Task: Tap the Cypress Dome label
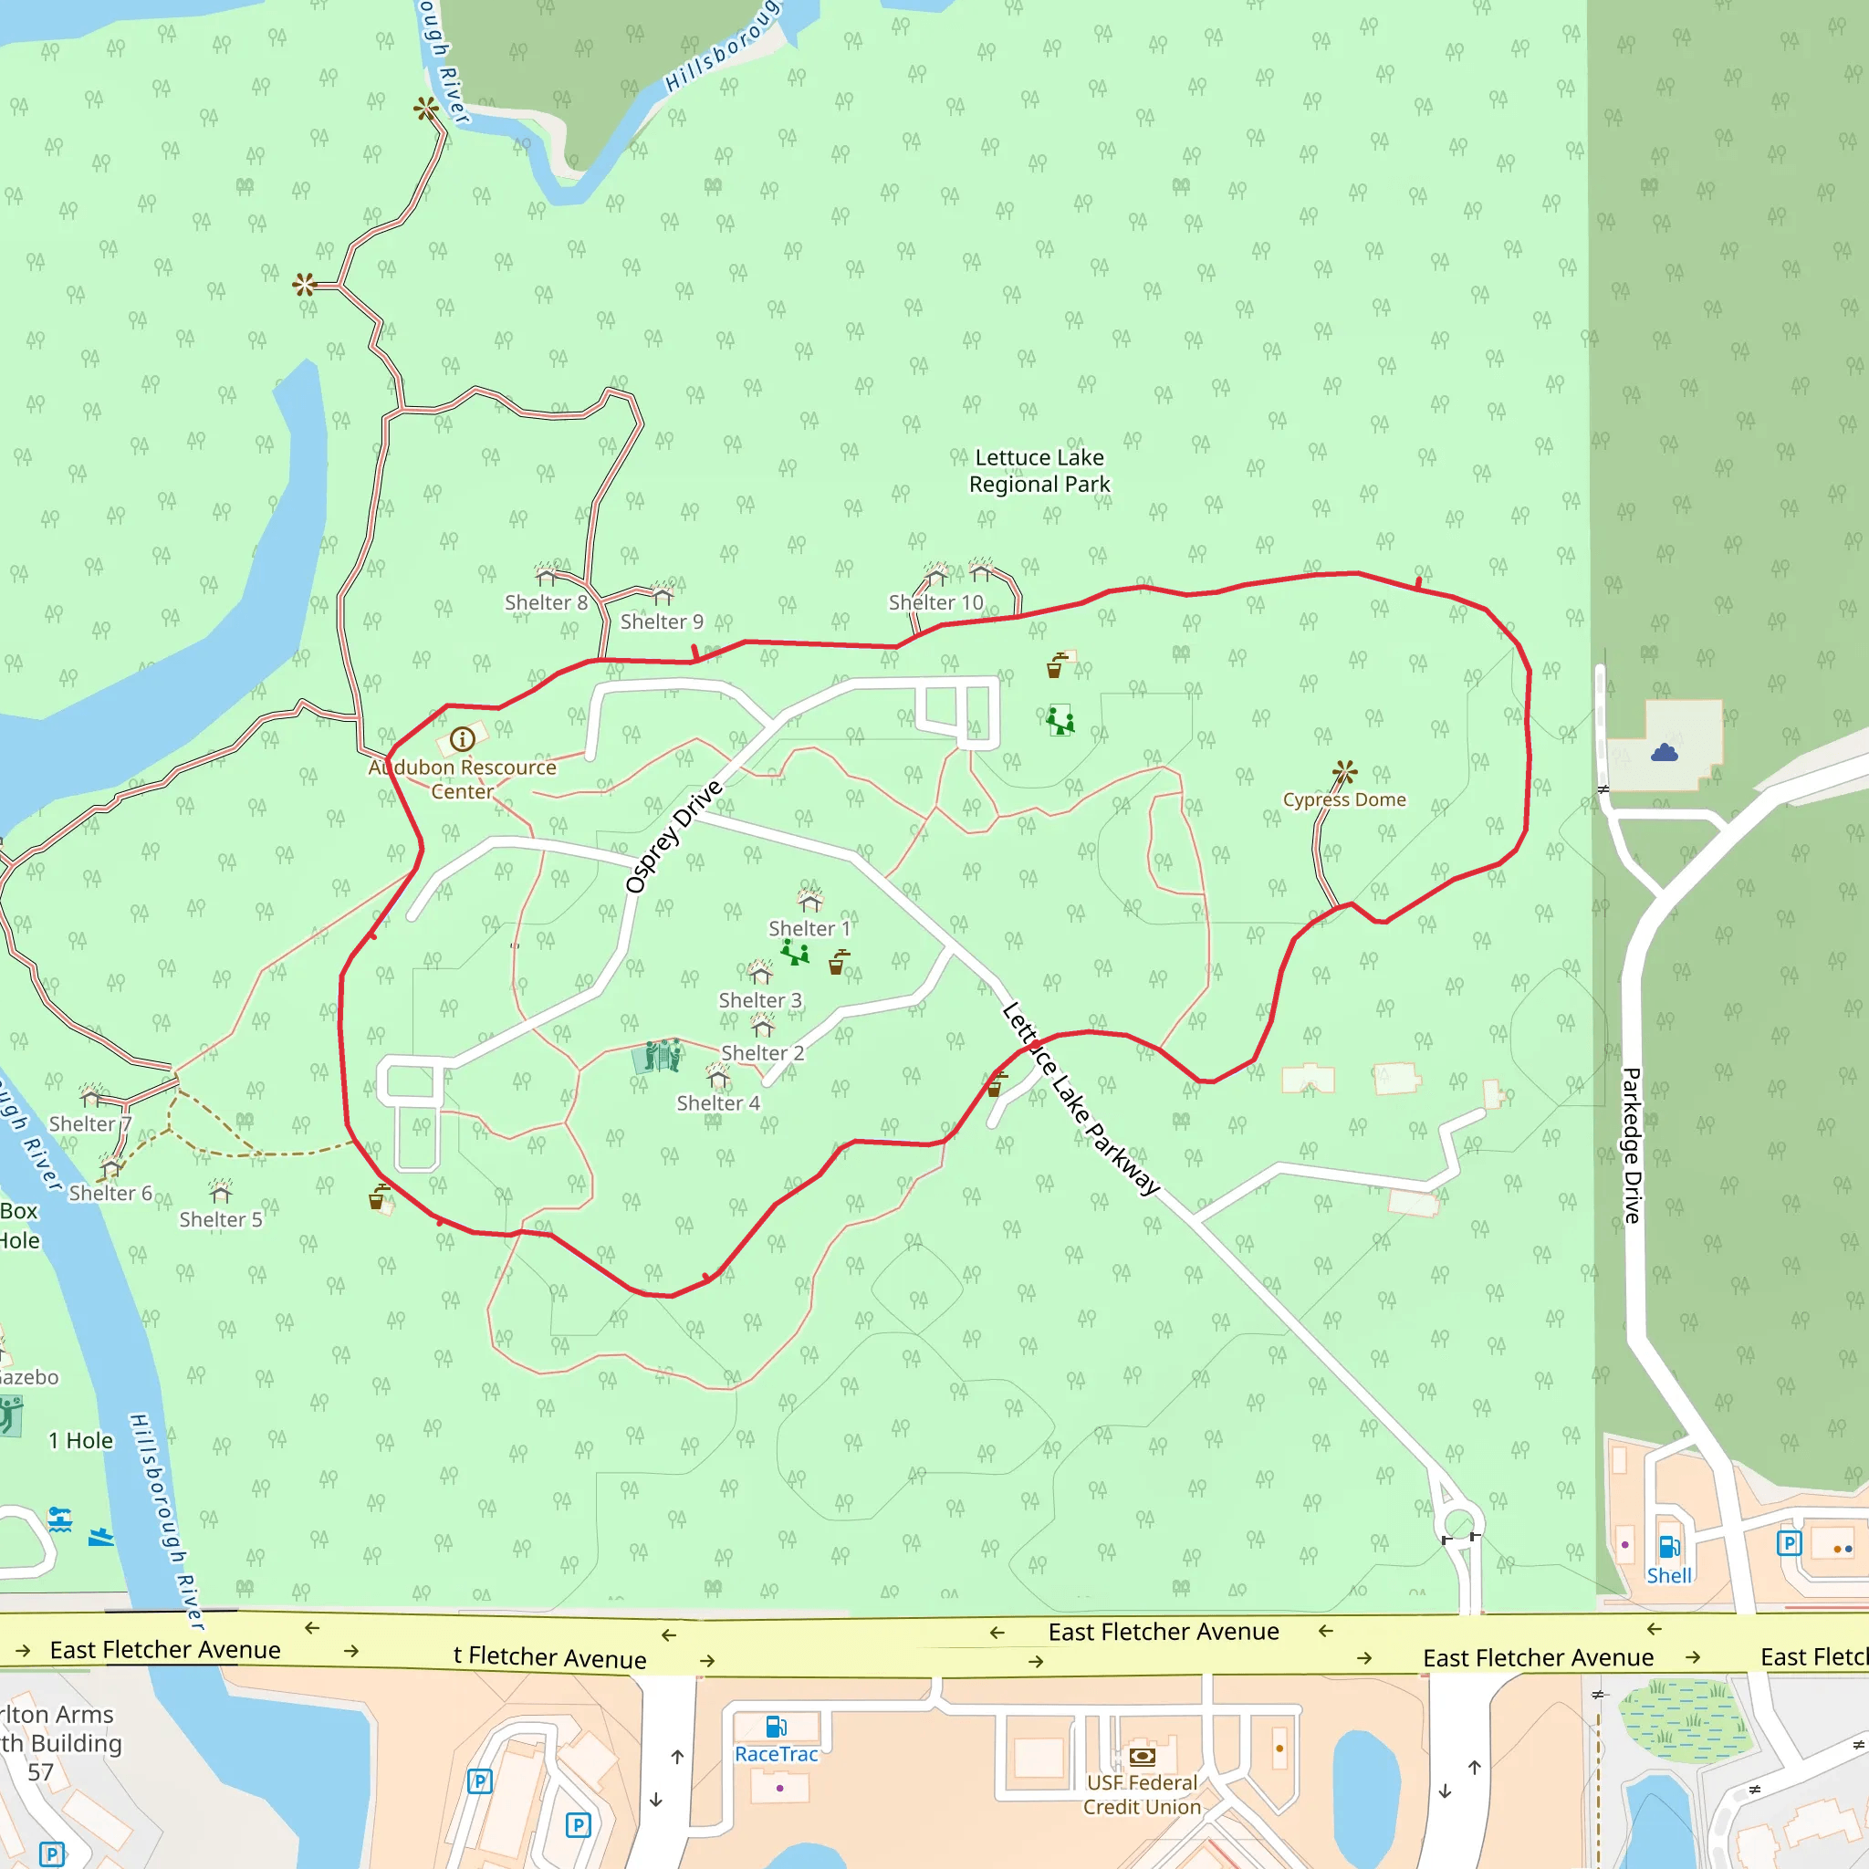[x=1343, y=800]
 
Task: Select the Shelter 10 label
[x=935, y=602]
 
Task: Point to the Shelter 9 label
[x=662, y=622]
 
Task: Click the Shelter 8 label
[x=546, y=602]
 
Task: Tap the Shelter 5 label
[x=221, y=1220]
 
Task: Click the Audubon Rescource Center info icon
[x=463, y=740]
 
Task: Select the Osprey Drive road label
[x=673, y=837]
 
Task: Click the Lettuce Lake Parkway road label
[x=1081, y=1099]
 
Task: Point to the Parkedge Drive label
[x=1632, y=1145]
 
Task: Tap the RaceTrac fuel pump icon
[x=776, y=1727]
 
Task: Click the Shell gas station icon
[x=1669, y=1547]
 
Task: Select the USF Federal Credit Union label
[x=1142, y=1794]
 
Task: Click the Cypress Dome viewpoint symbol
[x=1344, y=772]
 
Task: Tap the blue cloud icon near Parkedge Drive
[x=1664, y=753]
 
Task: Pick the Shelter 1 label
[x=809, y=929]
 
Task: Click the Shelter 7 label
[x=90, y=1124]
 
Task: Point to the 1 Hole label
[x=81, y=1440]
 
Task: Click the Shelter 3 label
[x=759, y=1000]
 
